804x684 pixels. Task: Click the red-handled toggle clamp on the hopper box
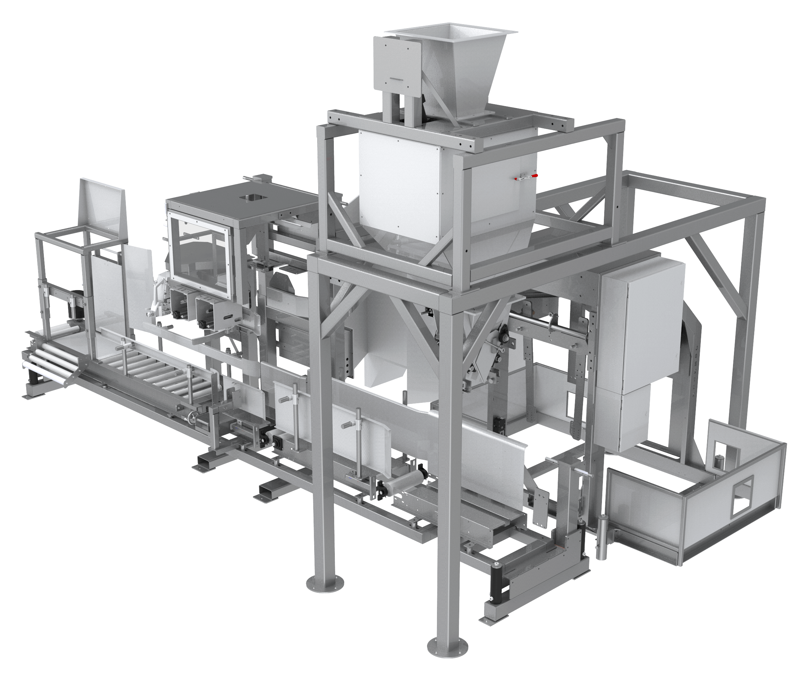(524, 177)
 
